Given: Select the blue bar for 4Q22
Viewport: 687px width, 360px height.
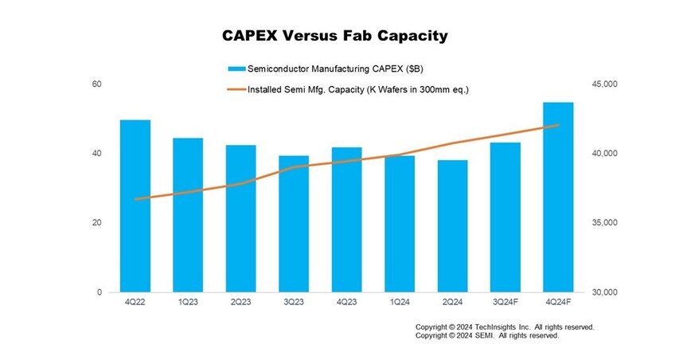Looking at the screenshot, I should (135, 207).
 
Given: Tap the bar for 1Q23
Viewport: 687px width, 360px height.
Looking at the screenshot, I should (188, 216).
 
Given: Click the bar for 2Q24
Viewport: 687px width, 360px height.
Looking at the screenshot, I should (453, 227).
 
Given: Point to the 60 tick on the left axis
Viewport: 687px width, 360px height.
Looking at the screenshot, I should (97, 84).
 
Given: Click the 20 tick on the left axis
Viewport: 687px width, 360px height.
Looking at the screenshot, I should (97, 223).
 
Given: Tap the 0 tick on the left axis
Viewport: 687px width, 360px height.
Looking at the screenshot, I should (100, 292).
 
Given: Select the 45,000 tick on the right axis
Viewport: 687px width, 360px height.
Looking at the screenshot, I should (604, 84).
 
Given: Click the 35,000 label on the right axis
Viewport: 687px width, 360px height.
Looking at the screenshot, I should (604, 223).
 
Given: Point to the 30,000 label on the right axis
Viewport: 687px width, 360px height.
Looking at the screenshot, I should (604, 292).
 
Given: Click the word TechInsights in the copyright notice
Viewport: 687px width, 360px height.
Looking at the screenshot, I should (500, 327).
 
